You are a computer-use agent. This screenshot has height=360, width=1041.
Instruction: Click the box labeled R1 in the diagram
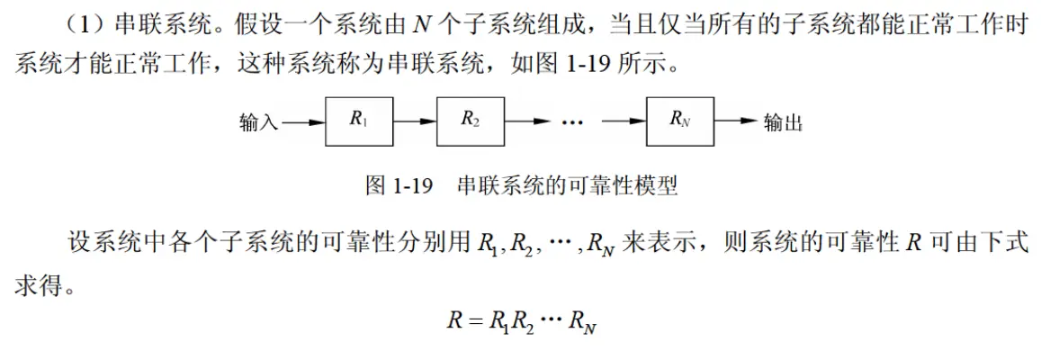coord(358,121)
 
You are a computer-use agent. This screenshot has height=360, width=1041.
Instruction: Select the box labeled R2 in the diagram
coord(470,121)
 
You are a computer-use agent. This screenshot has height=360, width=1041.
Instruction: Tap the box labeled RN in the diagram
coord(680,121)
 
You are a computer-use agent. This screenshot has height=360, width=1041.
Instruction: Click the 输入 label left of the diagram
coord(258,122)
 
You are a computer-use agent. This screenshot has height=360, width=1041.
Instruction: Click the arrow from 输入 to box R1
coord(302,122)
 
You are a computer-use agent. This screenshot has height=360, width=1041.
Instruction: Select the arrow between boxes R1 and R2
coord(415,122)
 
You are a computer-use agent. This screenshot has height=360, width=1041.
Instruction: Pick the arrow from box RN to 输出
coord(736,122)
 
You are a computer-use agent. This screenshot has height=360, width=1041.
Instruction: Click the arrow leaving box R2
coord(527,122)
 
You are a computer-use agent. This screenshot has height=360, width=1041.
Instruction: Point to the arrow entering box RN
coord(624,122)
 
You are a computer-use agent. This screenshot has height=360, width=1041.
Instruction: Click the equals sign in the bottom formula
coord(473,319)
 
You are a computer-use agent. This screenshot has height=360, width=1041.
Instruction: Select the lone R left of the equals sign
coord(453,319)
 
